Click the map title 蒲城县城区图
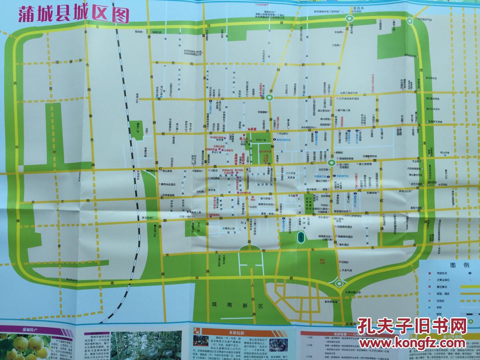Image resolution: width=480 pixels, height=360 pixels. (x=74, y=15)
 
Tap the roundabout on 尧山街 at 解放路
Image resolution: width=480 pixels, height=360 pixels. (x=270, y=97)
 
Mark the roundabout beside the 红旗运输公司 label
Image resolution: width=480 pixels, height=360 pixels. (x=339, y=284)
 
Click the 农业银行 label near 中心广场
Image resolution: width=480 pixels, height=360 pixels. (x=283, y=134)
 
